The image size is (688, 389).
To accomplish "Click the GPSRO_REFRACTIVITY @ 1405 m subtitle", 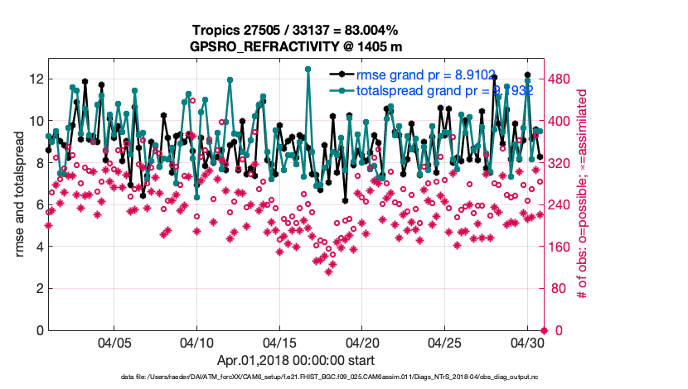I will coord(296,46).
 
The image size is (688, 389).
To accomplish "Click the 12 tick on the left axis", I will coord(36,79).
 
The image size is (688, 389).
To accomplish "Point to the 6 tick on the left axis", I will coord(39,204).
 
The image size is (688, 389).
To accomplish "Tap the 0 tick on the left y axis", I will coord(39,330).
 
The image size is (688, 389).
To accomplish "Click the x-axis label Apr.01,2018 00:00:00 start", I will coord(295,361).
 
